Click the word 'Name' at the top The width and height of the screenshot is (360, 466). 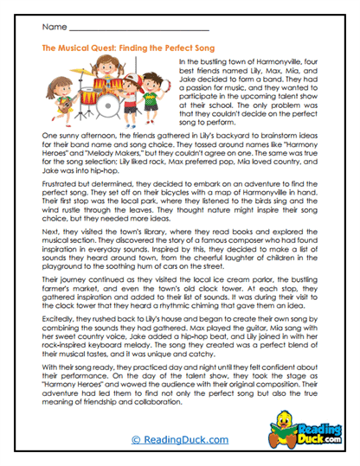click(55, 29)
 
